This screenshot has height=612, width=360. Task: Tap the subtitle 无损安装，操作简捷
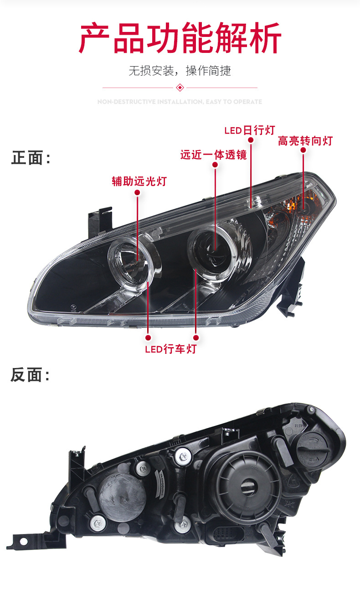(180, 71)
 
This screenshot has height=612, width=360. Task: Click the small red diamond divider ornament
(180, 87)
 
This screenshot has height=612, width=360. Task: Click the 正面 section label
(30, 158)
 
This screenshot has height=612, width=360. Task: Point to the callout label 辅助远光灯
(139, 181)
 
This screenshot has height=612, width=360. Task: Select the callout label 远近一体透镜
(213, 155)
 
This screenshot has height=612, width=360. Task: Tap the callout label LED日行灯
(250, 130)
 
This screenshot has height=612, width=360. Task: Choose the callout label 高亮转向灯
(305, 140)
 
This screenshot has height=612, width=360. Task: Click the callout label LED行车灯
(170, 349)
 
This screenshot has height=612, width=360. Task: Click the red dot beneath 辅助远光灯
(137, 193)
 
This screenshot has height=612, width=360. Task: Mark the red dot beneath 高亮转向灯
(303, 150)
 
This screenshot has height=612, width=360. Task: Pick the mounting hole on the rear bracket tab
(23, 541)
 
